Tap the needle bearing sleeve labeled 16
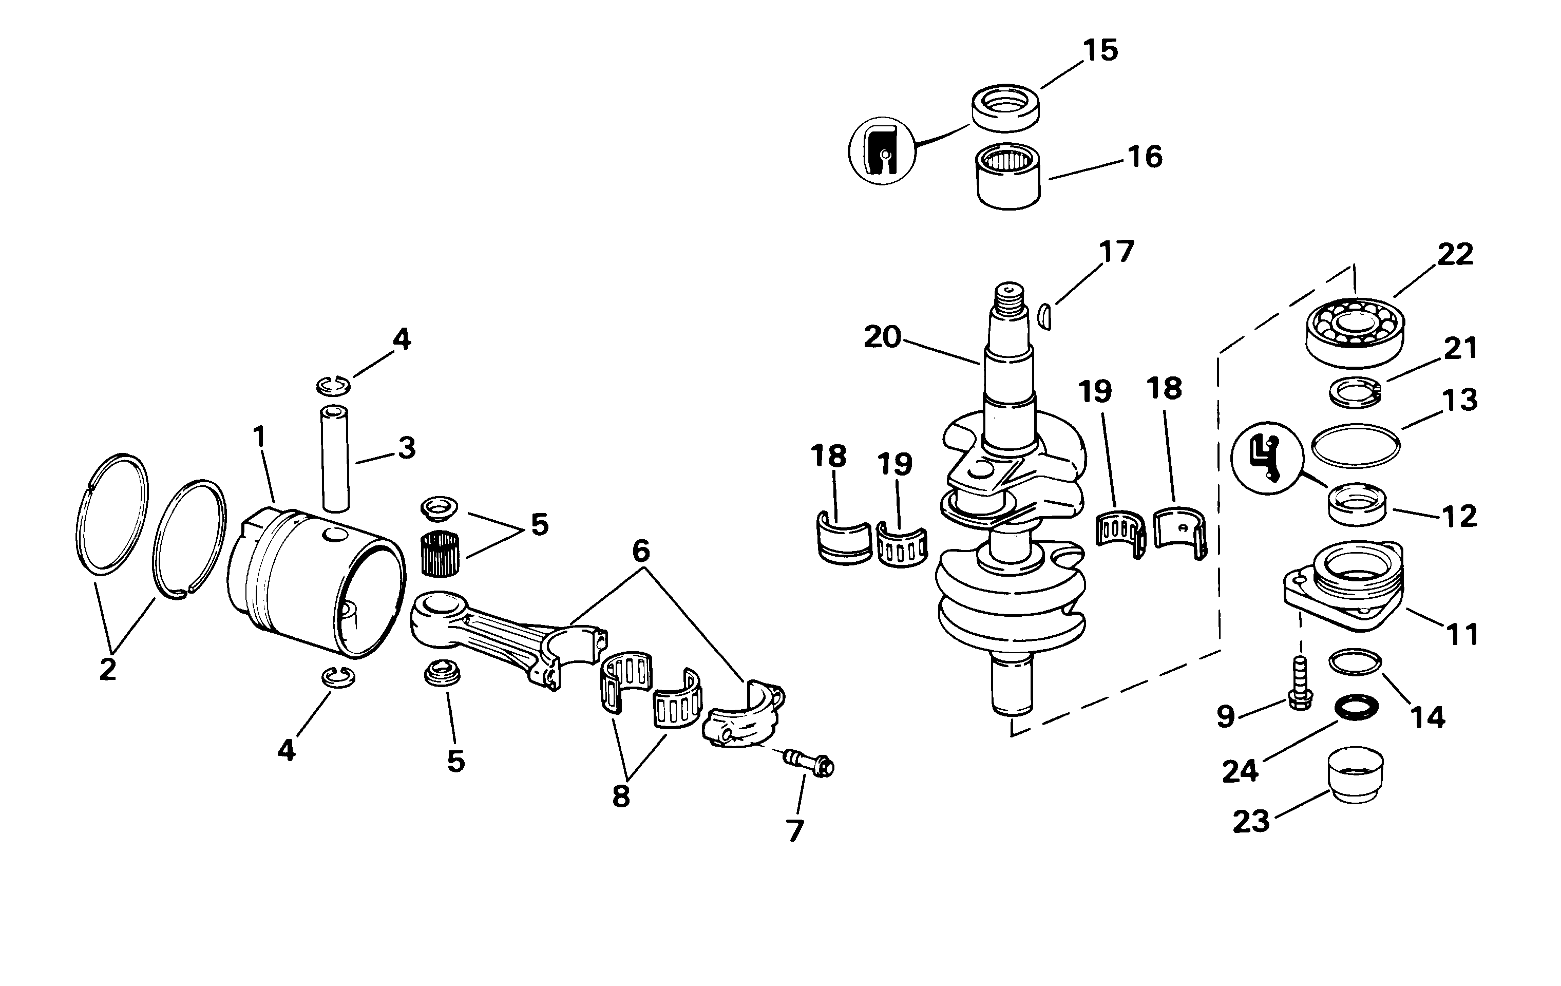tap(1008, 176)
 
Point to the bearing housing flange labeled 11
tap(1344, 586)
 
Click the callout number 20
tap(882, 337)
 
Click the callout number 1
tap(259, 437)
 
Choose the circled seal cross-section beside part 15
tap(882, 150)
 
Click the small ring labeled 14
tap(1355, 662)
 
